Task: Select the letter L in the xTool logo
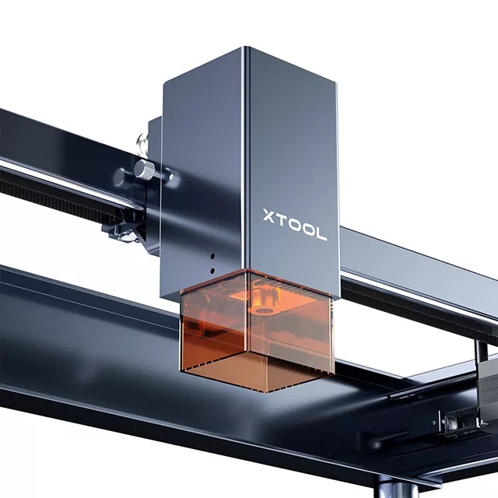pyautogui.click(x=321, y=233)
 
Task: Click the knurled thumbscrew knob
pyautogui.click(x=144, y=170)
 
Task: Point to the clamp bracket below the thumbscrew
pyautogui.click(x=124, y=226)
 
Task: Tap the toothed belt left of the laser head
pyautogui.click(x=70, y=190)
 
